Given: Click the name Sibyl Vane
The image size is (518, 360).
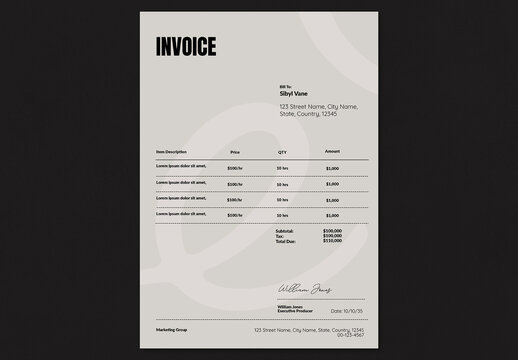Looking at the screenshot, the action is pyautogui.click(x=295, y=93).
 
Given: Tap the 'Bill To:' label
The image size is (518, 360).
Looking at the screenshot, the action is pyautogui.click(x=287, y=86).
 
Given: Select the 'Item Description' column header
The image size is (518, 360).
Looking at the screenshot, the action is pyautogui.click(x=172, y=152).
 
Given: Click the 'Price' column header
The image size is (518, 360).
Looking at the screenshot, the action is pyautogui.click(x=235, y=152).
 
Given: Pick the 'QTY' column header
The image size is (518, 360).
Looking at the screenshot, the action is pyautogui.click(x=282, y=152).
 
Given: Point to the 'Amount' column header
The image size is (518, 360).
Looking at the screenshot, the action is pyautogui.click(x=332, y=151).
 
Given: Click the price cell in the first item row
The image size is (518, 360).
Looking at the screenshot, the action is pyautogui.click(x=235, y=168).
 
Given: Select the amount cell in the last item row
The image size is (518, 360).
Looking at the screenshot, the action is pyautogui.click(x=332, y=215).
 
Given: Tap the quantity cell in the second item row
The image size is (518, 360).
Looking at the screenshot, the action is pyautogui.click(x=282, y=184).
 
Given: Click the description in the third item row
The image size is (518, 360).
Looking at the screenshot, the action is pyautogui.click(x=181, y=199).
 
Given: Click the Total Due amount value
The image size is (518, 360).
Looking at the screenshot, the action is pyautogui.click(x=332, y=242).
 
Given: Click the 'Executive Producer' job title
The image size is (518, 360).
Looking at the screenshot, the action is pyautogui.click(x=296, y=311).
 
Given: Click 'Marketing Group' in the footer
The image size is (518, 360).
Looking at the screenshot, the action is pyautogui.click(x=172, y=329).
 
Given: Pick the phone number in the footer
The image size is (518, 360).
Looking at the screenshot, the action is pyautogui.click(x=351, y=335).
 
